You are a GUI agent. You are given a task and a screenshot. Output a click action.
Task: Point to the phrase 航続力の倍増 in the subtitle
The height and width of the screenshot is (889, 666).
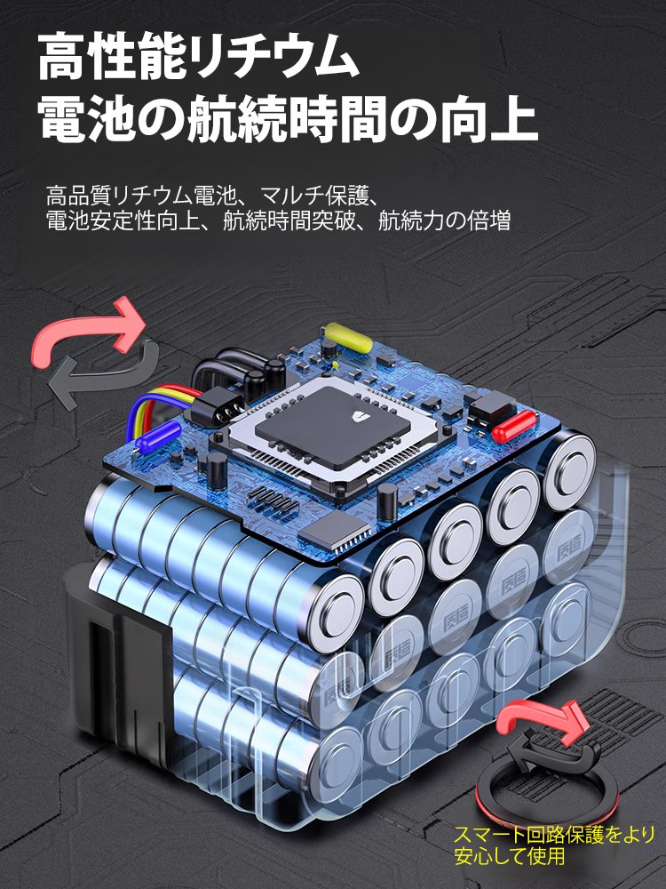[444, 221]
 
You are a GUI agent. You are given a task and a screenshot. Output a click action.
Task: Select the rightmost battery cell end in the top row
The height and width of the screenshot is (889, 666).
[567, 468]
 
